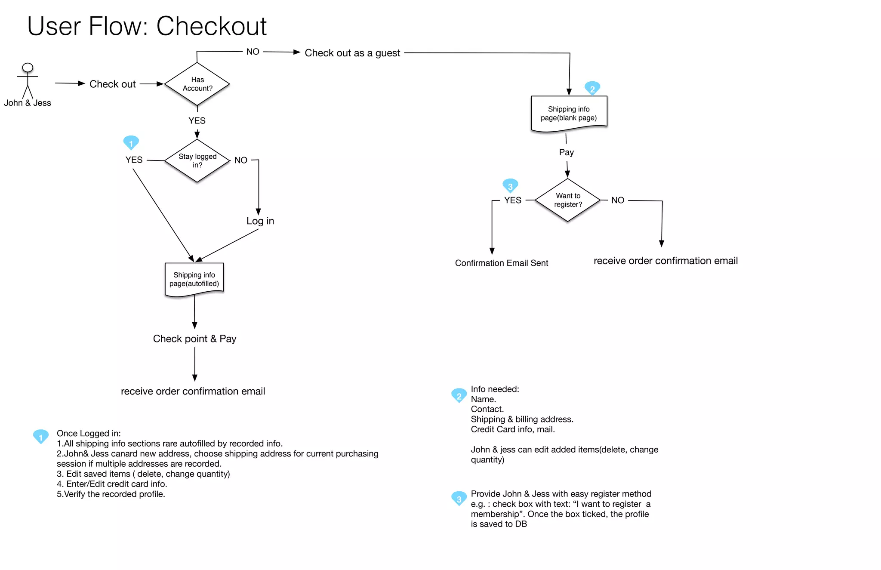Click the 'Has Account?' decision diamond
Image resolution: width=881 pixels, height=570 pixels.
[x=197, y=84]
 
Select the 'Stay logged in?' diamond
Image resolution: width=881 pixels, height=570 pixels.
[x=197, y=160]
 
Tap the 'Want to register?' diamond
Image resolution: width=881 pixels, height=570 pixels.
[x=568, y=200]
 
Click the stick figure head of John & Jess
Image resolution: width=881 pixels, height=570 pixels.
[x=28, y=68]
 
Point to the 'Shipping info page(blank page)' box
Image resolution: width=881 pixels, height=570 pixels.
[x=569, y=114]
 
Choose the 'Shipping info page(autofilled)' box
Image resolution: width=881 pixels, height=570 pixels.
[x=194, y=279]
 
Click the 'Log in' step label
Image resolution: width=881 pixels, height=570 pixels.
[x=260, y=221]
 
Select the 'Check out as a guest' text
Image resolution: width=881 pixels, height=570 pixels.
[x=352, y=53]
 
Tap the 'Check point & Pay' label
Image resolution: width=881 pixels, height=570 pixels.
[x=194, y=339]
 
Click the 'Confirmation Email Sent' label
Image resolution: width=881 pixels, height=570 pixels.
[x=501, y=263]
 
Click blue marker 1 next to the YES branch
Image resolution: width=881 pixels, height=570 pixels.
[x=131, y=143]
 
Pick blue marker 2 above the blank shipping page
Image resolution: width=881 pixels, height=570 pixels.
[x=592, y=88]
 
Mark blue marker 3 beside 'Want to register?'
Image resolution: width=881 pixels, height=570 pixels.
[x=510, y=186]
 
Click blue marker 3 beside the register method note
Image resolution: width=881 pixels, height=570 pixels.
[x=459, y=499]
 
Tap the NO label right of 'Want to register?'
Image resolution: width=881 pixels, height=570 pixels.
[x=617, y=200]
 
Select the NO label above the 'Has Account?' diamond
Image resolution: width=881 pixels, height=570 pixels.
[x=253, y=52]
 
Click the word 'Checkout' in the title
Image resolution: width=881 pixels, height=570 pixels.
[x=211, y=26]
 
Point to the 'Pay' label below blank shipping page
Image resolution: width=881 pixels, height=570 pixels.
[x=566, y=152]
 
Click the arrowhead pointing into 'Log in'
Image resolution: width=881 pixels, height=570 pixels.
[x=259, y=212]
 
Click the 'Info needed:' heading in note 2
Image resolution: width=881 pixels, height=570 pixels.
[x=495, y=389]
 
